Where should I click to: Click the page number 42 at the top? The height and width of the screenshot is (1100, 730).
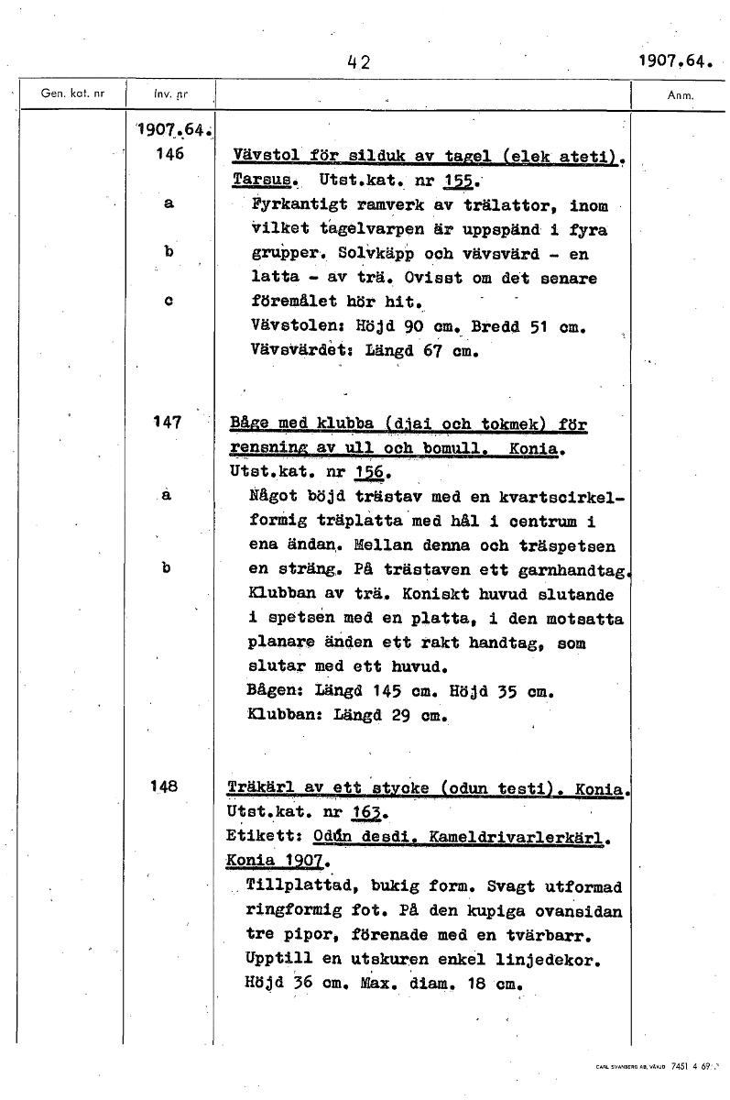click(x=357, y=62)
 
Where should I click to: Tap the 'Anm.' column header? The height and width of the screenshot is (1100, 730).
click(x=681, y=94)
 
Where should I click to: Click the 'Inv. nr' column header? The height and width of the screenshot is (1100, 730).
click(x=169, y=93)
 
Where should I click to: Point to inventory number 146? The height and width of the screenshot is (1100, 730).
click(x=169, y=155)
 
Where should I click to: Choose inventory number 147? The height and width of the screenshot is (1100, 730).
click(x=169, y=423)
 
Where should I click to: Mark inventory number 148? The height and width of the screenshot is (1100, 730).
click(x=169, y=786)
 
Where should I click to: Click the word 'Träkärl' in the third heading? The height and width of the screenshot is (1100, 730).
click(x=260, y=787)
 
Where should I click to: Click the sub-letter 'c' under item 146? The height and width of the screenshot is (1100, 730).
click(x=169, y=300)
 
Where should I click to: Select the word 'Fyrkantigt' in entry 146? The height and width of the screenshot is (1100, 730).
click(x=296, y=204)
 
